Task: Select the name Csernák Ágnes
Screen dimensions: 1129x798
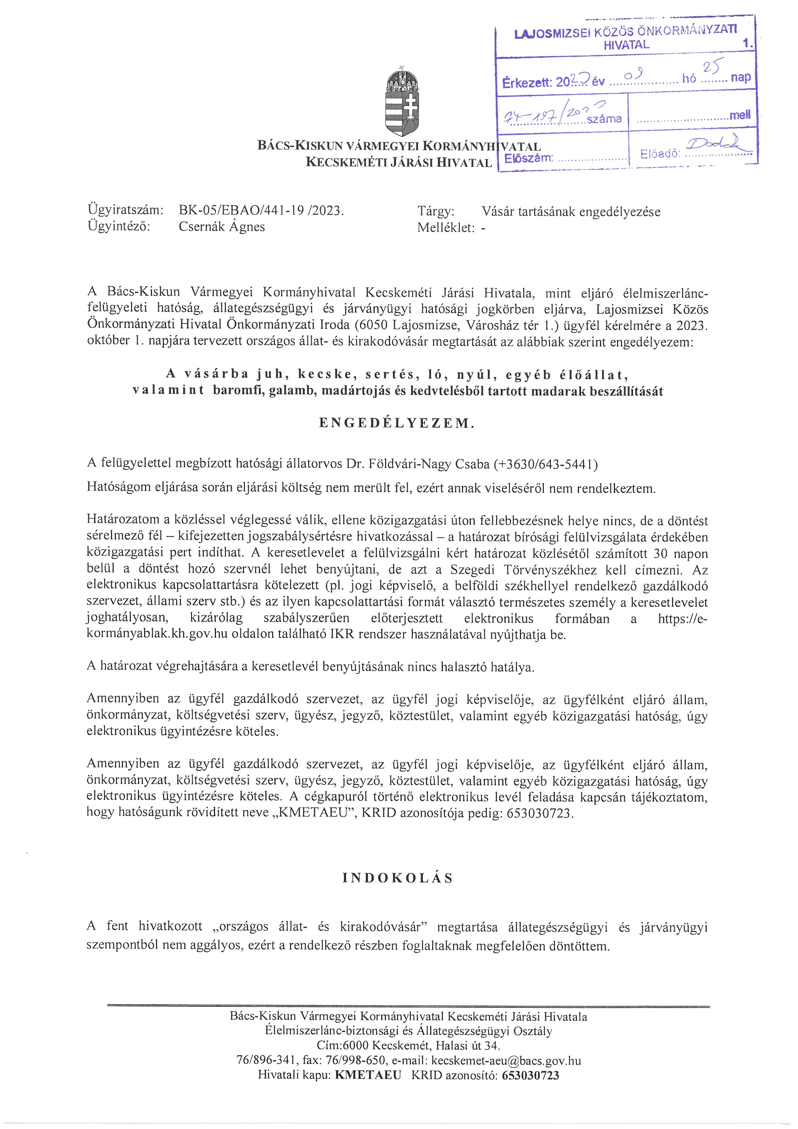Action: pyautogui.click(x=222, y=227)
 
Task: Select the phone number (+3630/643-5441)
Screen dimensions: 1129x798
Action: pyautogui.click(x=545, y=464)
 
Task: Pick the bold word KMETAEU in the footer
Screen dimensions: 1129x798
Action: pyautogui.click(x=368, y=1076)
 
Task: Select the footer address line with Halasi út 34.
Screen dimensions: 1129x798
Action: pyautogui.click(x=408, y=1046)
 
